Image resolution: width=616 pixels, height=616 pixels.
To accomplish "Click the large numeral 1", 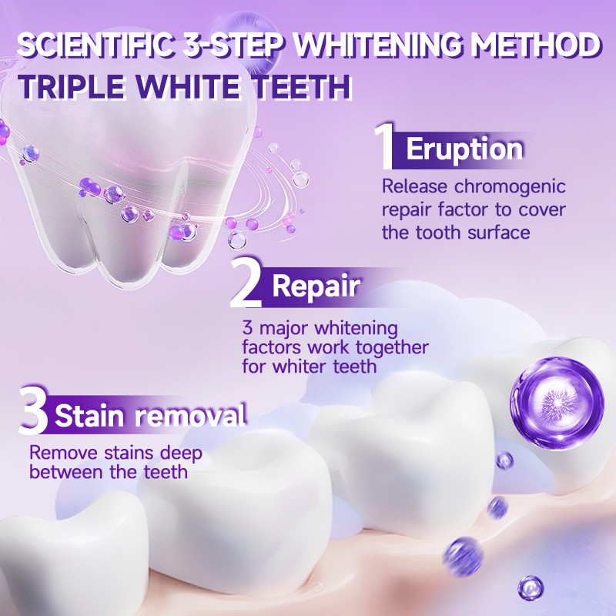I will (x=386, y=146).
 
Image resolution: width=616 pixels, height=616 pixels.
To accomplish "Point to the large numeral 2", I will (x=249, y=285).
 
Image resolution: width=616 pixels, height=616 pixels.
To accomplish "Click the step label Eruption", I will (x=464, y=149).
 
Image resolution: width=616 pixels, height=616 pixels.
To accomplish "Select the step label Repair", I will (x=316, y=286).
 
